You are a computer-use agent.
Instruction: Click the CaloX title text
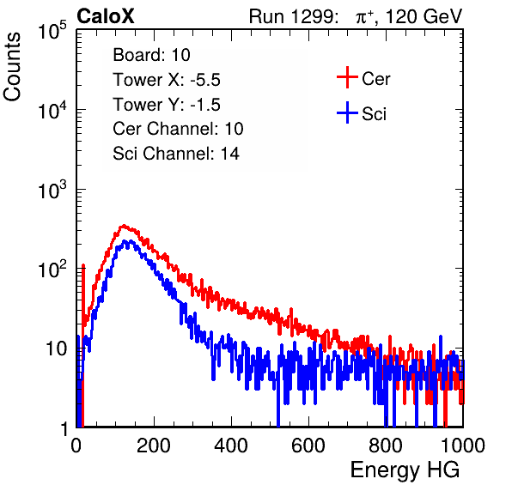(106, 16)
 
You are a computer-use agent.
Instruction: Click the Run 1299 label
(293, 16)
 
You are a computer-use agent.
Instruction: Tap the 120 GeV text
(424, 16)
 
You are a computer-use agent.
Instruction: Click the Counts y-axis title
(12, 67)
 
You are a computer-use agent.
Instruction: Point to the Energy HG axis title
(405, 470)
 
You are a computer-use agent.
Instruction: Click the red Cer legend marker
(347, 77)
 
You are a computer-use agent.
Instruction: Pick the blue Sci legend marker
(347, 113)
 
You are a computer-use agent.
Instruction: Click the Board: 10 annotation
(151, 54)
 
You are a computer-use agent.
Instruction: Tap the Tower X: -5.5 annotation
(167, 80)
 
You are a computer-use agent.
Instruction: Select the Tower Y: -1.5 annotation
(167, 105)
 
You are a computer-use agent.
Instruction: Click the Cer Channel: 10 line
(178, 129)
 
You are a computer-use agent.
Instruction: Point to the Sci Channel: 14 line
(176, 154)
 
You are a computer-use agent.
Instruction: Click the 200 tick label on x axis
(154, 446)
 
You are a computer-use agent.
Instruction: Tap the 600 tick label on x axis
(308, 446)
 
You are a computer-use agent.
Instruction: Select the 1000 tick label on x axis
(463, 446)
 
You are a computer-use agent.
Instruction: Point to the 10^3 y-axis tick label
(52, 190)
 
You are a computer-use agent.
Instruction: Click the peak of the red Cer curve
(123, 226)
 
